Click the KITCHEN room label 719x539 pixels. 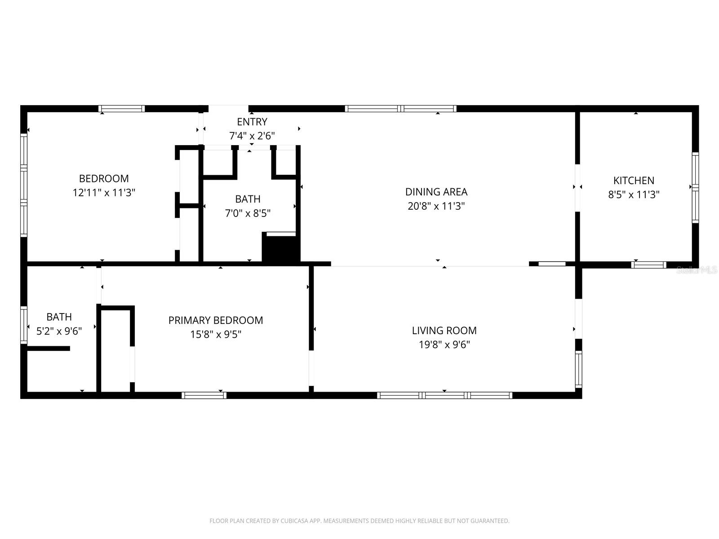(x=634, y=181)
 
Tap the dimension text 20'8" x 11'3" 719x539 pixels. (x=435, y=206)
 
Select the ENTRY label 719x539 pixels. (x=252, y=122)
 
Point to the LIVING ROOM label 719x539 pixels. (x=444, y=331)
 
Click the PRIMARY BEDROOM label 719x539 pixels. (x=216, y=320)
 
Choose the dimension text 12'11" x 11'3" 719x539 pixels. (x=104, y=193)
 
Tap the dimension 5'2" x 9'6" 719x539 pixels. (x=59, y=331)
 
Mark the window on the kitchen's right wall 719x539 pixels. (x=695, y=187)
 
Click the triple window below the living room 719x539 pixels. (x=444, y=395)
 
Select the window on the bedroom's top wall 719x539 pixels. (x=121, y=109)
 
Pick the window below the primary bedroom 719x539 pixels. (x=204, y=395)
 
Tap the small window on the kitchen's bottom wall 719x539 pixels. (x=648, y=265)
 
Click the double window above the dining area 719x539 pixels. (x=400, y=109)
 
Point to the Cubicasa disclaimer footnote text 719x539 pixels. (x=359, y=521)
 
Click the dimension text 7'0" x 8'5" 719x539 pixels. (x=248, y=213)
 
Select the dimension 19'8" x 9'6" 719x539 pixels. (x=444, y=345)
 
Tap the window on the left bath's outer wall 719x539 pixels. (x=24, y=325)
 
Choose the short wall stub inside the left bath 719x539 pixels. (x=49, y=348)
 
